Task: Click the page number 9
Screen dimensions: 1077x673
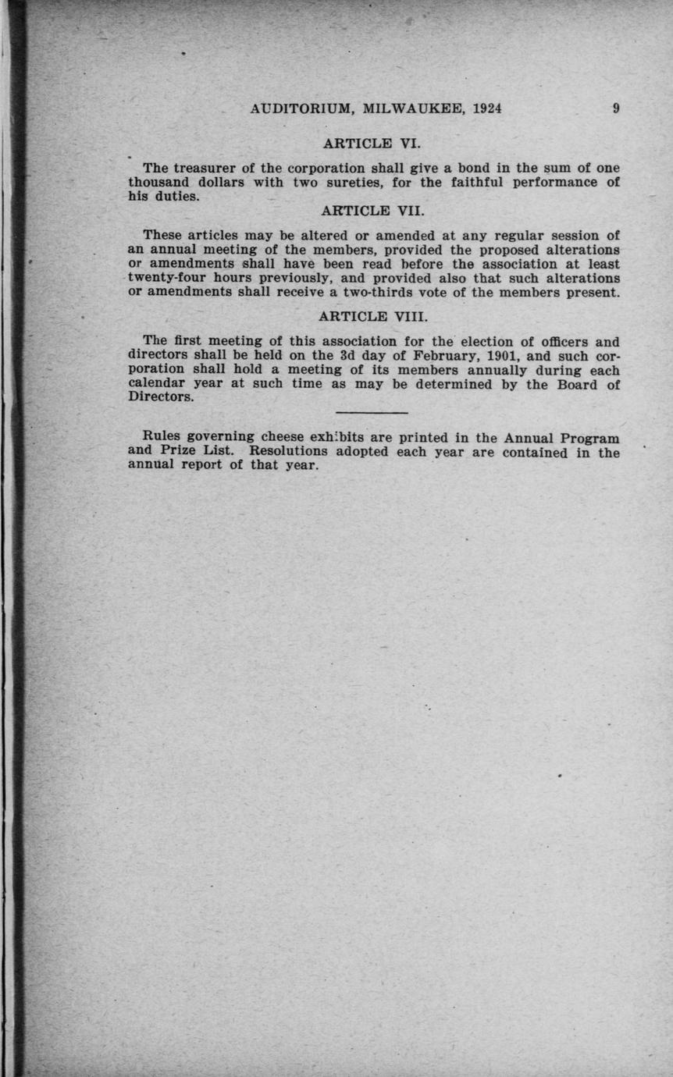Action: coord(616,109)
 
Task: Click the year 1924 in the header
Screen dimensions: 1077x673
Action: coord(484,109)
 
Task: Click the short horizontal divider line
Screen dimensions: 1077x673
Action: coord(372,412)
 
